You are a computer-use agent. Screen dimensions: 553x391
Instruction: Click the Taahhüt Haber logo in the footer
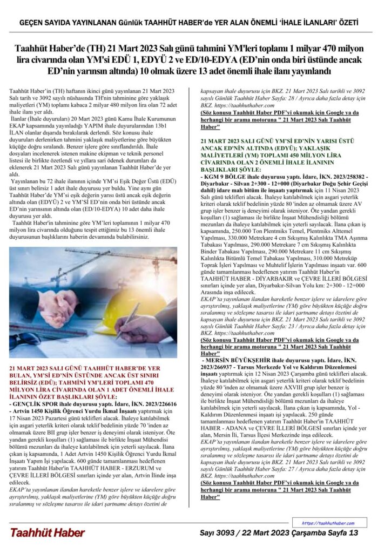point(48,533)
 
